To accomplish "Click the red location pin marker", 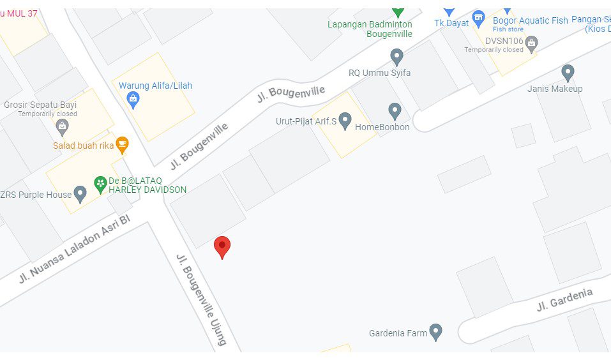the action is point(222,246).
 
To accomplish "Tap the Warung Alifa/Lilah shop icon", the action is point(133,98).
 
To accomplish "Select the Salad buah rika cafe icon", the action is point(122,144).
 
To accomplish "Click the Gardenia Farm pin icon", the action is point(435,331).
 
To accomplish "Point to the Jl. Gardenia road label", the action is point(564,299).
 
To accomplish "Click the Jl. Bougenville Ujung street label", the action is point(201,299).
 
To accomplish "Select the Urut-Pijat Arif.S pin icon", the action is point(345,119).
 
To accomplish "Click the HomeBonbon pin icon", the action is point(395,111).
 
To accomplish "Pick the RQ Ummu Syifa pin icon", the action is point(396,57).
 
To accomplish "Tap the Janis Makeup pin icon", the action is point(568,73).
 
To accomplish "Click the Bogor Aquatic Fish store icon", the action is point(479,19).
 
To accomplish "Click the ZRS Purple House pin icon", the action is point(80,193).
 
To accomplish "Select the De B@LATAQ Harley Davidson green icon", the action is point(100,184).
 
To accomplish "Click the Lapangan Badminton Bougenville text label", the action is point(370,29).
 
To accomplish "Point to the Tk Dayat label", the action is point(451,23).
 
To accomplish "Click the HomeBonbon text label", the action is point(382,127).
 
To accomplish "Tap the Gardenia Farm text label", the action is point(398,333).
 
